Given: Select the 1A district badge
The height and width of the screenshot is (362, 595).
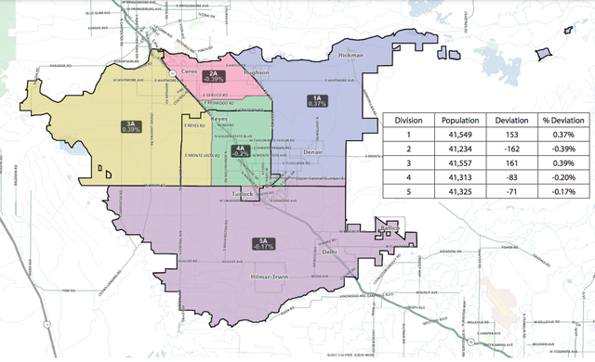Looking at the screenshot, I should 317,100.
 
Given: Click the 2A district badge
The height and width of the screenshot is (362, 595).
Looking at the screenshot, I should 213,76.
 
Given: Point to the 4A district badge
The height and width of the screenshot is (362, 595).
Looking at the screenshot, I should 240,150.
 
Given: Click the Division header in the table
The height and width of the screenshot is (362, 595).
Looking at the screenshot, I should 409,122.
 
